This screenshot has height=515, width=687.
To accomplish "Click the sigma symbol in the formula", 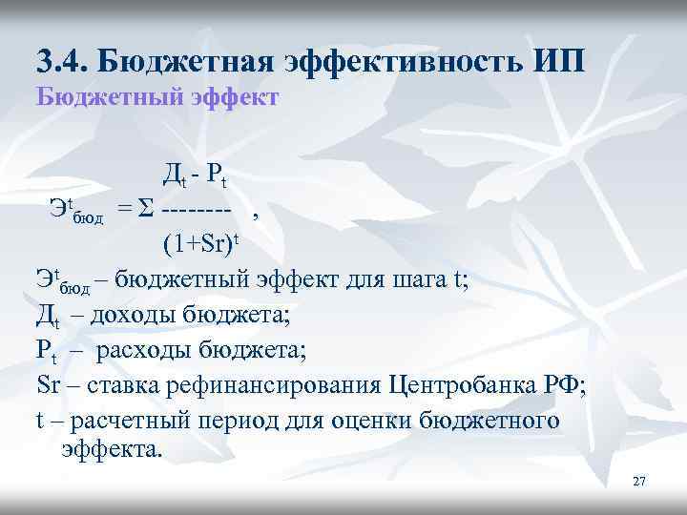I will (x=147, y=208).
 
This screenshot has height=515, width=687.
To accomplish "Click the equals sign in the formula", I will (x=125, y=208).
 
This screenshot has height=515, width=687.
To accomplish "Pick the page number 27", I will (x=639, y=482).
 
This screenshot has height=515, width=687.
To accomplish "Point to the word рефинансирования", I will (x=273, y=386).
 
